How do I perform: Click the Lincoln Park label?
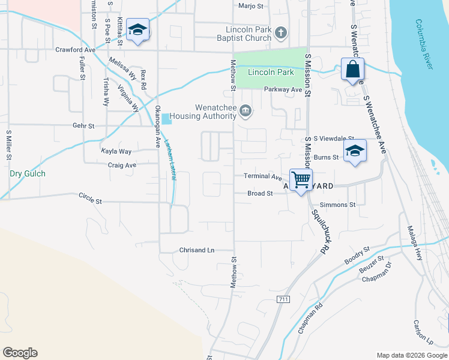click(x=270, y=73)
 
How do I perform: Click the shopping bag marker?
click(x=353, y=70)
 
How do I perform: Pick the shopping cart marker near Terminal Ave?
click(x=301, y=179)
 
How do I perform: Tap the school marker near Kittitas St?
click(x=138, y=31)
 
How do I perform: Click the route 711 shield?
click(x=284, y=299)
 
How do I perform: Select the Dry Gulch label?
click(x=28, y=174)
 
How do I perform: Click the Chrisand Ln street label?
click(x=196, y=250)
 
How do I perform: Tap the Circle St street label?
click(x=91, y=196)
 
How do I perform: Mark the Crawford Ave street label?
click(x=76, y=50)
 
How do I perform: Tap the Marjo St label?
click(x=251, y=6)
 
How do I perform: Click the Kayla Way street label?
click(x=116, y=152)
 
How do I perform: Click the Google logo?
click(x=20, y=353)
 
